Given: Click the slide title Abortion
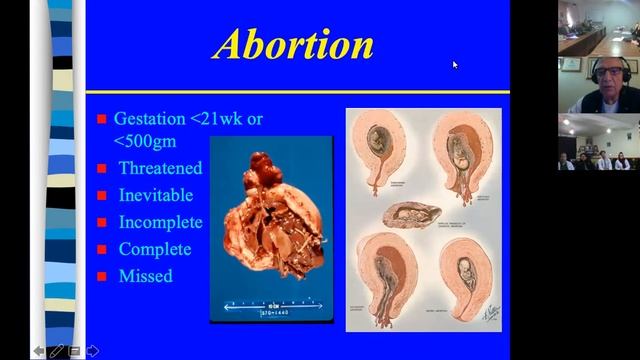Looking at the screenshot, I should [294, 45].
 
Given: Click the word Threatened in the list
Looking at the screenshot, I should [160, 168].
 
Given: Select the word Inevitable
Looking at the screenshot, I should [155, 195].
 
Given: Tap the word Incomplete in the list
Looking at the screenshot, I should [160, 222].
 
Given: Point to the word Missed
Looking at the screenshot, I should [145, 276].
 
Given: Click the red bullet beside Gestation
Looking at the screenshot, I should [102, 119].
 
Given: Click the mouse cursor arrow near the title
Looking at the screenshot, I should [455, 65].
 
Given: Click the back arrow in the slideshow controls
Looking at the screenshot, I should [39, 351].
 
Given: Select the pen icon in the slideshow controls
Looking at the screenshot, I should [57, 351].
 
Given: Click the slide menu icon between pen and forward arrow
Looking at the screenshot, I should [75, 351].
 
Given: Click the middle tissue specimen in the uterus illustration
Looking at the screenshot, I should [411, 214].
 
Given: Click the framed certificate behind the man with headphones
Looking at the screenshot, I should [571, 64].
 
